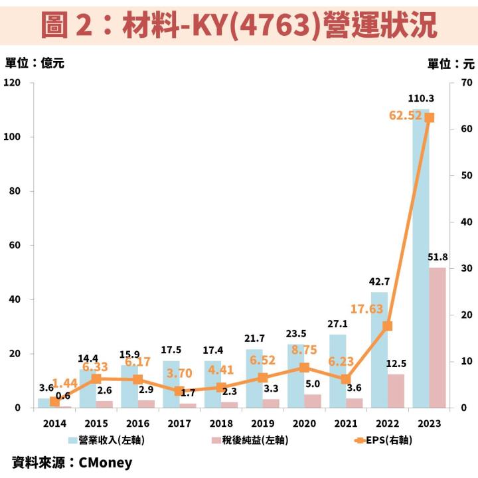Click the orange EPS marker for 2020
point(304,367)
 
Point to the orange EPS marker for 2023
point(429,118)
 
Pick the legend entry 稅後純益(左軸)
point(248,440)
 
